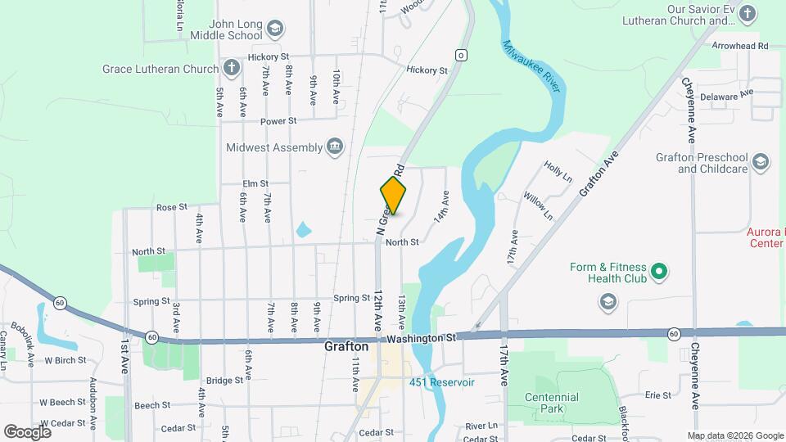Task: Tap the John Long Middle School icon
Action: click(275, 30)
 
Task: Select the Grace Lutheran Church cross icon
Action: click(232, 69)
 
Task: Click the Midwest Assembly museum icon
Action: click(335, 147)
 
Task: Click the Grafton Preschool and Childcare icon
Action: click(761, 162)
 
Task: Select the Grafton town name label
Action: click(346, 347)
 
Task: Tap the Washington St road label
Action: click(422, 337)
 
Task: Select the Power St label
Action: click(278, 121)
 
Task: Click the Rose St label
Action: click(172, 207)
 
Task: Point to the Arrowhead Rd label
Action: click(740, 47)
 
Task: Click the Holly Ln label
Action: click(558, 171)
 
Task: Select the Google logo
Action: click(27, 431)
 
